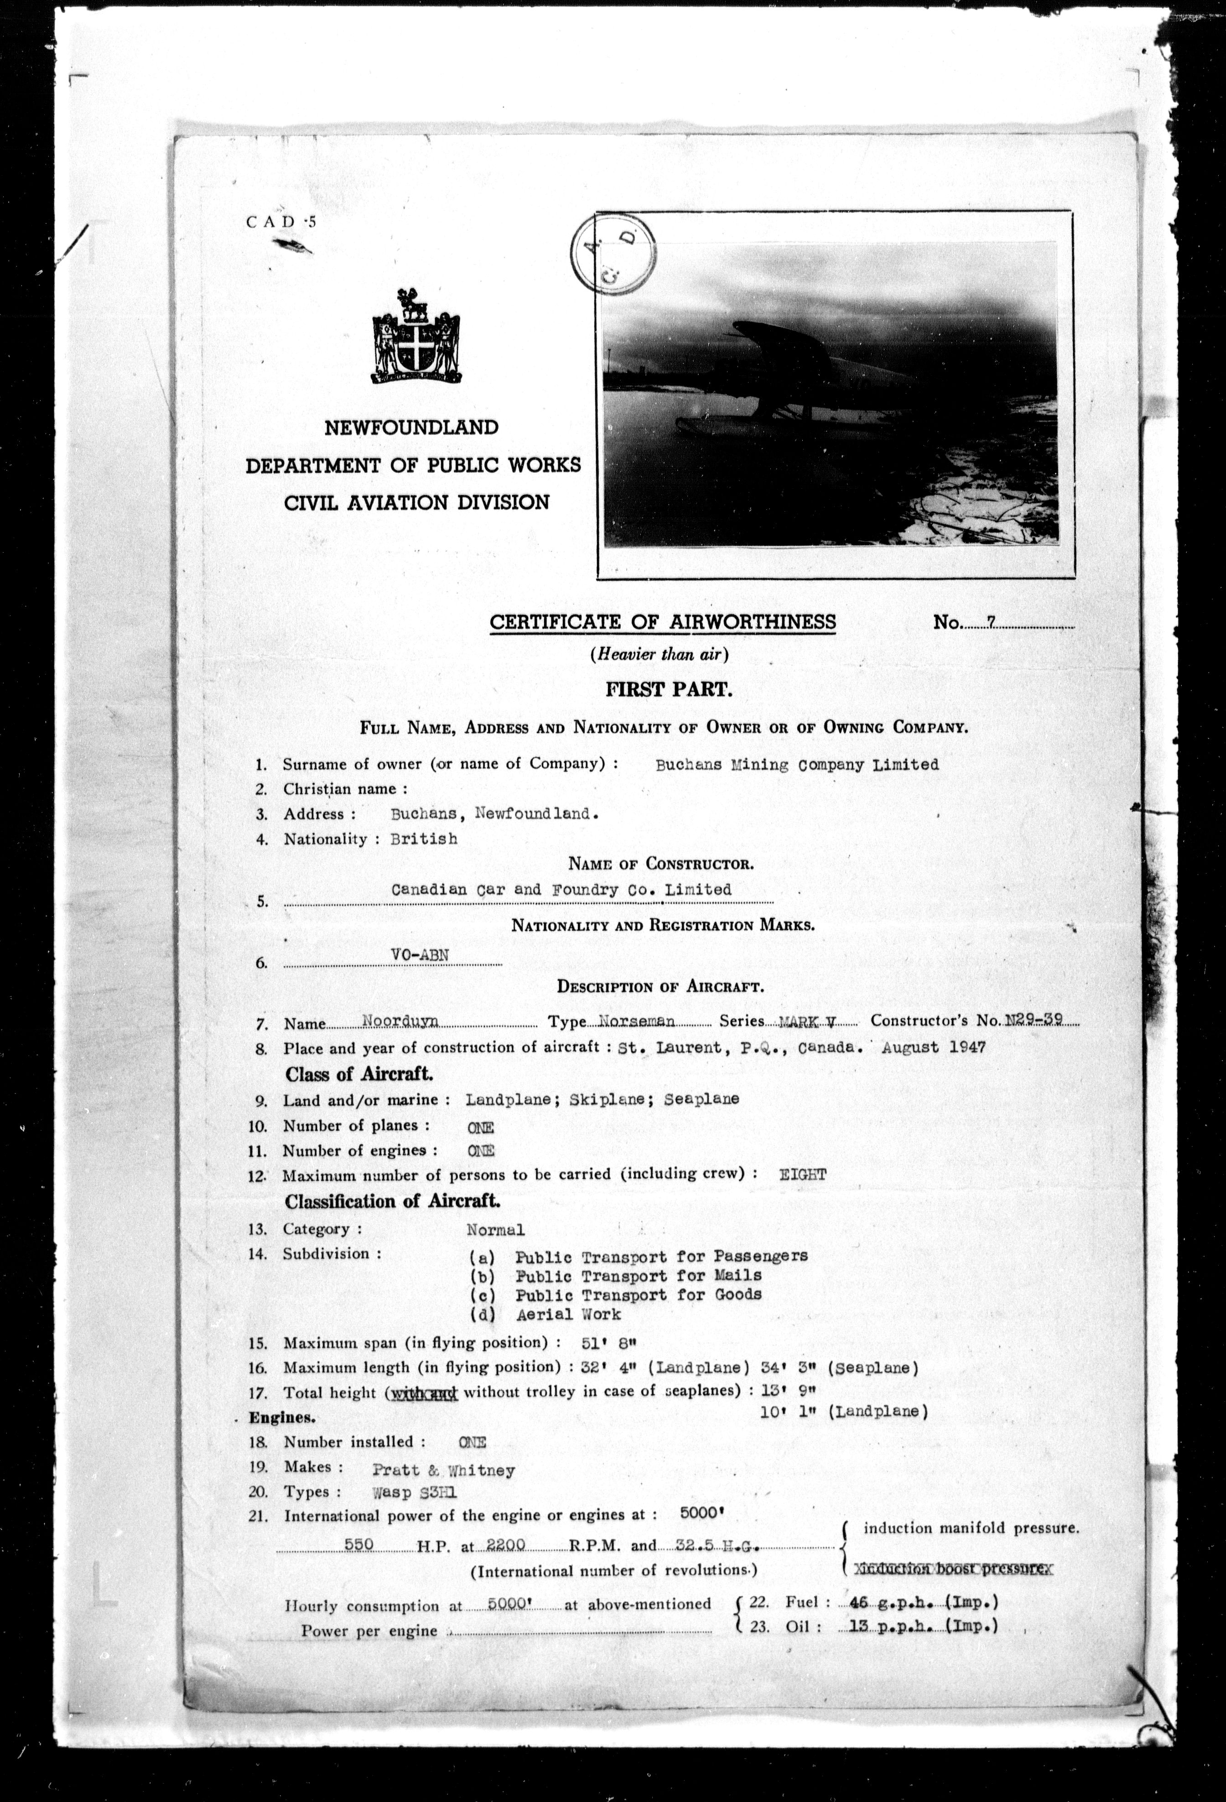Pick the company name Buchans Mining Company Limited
[796, 765]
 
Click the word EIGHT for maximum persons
[803, 1174]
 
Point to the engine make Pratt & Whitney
[443, 1470]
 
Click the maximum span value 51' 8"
[609, 1343]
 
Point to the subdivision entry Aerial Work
[568, 1314]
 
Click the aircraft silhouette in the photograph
[783, 388]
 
